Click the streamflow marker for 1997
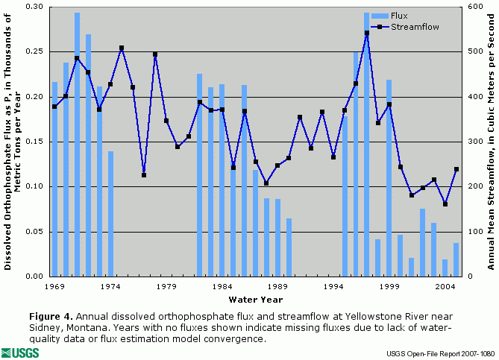pos(367,33)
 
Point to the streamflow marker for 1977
pos(144,175)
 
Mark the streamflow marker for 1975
pos(122,48)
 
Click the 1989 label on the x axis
pos(277,285)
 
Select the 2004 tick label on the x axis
pos(445,285)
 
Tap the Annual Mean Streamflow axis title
pos(492,141)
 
